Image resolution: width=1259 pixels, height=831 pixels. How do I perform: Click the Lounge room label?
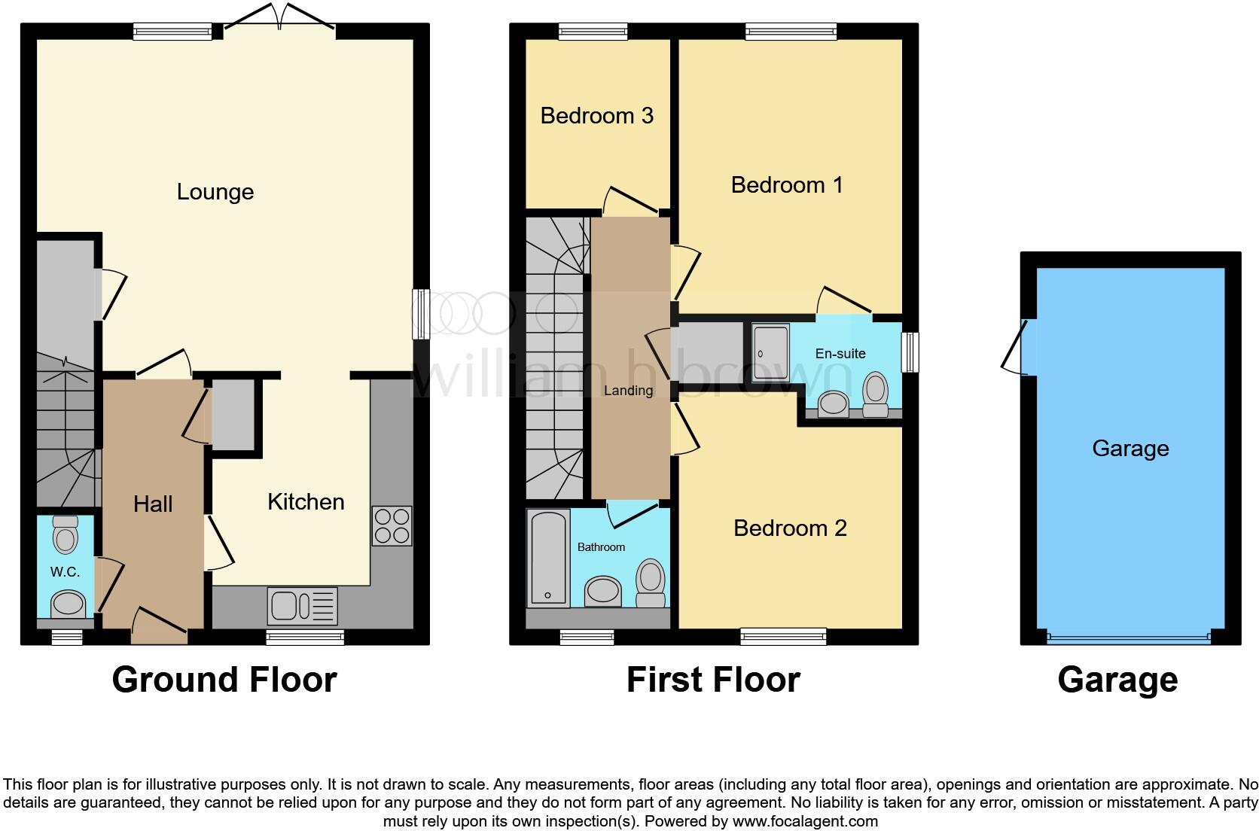click(215, 192)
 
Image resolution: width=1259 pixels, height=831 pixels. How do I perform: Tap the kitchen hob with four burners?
click(392, 525)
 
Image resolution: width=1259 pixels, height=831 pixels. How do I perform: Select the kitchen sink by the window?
click(302, 606)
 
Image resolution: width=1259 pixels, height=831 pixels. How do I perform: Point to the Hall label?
click(153, 504)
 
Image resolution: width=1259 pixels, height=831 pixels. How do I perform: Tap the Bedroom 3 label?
click(596, 115)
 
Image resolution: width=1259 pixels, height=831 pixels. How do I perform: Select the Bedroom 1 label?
click(786, 184)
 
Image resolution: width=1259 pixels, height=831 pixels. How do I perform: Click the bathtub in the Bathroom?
click(548, 557)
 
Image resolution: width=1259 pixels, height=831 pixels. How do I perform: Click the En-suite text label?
click(840, 353)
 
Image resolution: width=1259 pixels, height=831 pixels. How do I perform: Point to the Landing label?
click(628, 390)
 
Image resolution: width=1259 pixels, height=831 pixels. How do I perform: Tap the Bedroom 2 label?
click(790, 528)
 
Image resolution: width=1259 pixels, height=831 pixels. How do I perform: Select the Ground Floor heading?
click(224, 680)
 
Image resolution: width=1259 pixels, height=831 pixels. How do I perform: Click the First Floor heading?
click(712, 680)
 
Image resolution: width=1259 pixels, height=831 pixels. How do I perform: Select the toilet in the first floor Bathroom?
click(650, 584)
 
